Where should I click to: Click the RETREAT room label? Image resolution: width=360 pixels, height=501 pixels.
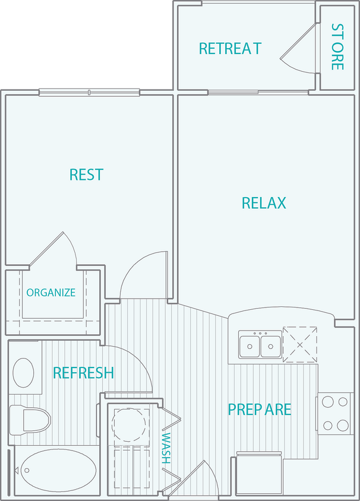click(230, 48)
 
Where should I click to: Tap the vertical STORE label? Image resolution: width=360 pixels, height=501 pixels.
click(337, 47)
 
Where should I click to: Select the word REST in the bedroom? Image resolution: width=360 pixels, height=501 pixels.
click(86, 175)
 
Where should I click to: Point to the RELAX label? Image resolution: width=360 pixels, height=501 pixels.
click(264, 203)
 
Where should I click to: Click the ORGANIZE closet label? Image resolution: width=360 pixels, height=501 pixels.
click(50, 293)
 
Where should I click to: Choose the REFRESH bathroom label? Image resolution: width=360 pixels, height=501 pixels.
click(83, 373)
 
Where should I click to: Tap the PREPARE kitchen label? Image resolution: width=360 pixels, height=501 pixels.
click(260, 410)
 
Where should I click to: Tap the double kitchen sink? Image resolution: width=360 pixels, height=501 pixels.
click(260, 345)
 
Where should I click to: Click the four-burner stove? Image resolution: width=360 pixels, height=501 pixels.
click(334, 413)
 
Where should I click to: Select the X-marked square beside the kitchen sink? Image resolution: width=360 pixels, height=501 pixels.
click(299, 344)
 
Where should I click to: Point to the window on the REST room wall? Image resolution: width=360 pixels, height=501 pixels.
click(89, 91)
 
